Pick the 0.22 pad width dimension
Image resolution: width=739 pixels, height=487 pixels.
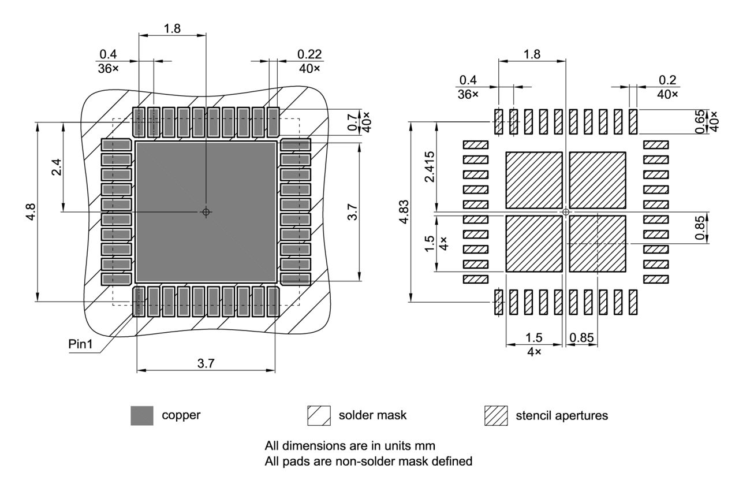pos(309,54)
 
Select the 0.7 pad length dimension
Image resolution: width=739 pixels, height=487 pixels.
pos(352,122)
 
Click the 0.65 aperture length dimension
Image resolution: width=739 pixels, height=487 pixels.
pos(700,122)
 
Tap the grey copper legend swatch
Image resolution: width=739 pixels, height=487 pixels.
pos(142,415)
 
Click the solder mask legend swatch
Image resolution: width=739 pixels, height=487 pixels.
pos(319,415)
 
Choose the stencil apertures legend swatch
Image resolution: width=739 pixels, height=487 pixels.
pos(496,415)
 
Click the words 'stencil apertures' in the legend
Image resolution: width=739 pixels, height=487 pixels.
pos(561,415)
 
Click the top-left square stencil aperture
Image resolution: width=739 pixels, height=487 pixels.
pos(534,180)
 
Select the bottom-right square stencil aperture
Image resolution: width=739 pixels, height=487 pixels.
pos(598,244)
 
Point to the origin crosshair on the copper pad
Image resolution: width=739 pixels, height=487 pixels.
pos(206,212)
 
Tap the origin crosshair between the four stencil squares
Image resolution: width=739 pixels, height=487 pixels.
pos(566,212)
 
